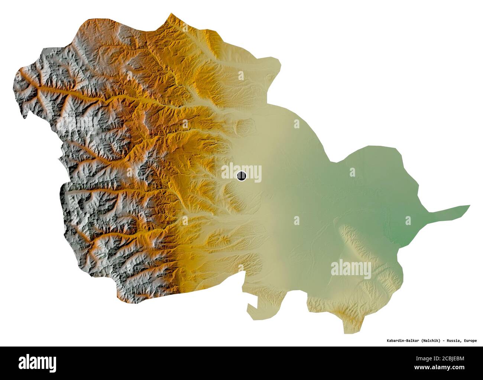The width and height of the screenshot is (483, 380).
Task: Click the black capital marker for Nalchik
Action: (241, 175)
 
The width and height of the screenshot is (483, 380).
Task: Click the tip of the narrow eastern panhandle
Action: (469, 206)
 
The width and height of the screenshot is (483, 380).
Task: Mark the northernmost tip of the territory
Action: (171, 14)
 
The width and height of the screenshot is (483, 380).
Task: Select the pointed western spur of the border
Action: (25, 118)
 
